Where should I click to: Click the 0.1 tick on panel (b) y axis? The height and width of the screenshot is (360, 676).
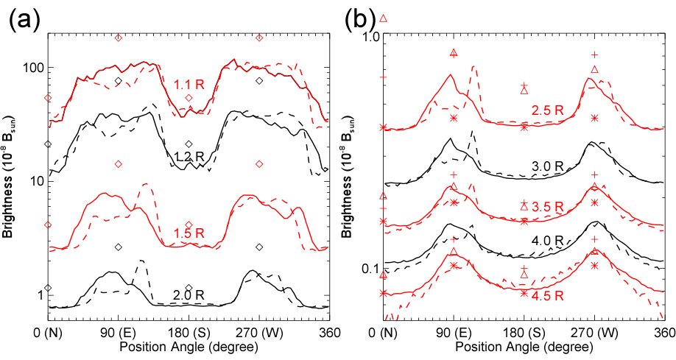point(366,269)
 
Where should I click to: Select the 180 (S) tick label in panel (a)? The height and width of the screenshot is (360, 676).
point(189,331)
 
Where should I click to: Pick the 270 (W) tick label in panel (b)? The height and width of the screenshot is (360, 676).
point(594,331)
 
